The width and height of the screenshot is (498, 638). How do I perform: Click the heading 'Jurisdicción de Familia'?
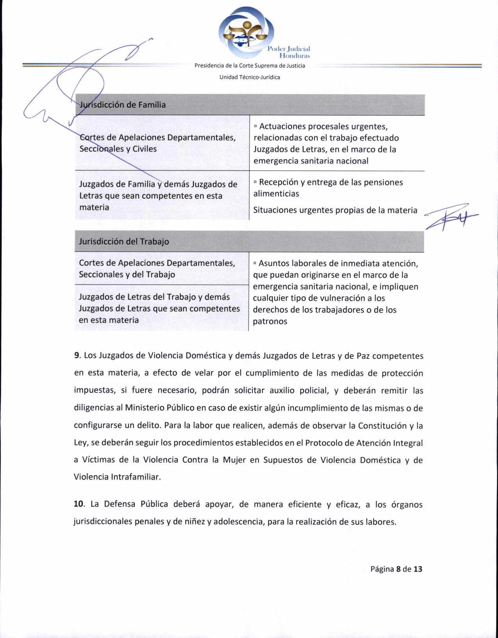click(123, 105)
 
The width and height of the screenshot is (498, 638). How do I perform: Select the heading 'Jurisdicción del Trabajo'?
click(124, 241)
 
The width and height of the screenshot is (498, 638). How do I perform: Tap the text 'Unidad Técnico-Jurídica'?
click(250, 77)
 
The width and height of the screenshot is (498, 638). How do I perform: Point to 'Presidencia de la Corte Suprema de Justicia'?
click(250, 66)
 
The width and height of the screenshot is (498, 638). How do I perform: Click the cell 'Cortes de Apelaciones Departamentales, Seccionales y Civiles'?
click(157, 143)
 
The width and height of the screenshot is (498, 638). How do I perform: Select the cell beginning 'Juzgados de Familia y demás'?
click(158, 195)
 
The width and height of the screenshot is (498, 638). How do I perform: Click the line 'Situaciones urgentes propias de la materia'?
click(335, 210)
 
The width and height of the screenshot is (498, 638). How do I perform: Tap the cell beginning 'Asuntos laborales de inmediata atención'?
click(335, 292)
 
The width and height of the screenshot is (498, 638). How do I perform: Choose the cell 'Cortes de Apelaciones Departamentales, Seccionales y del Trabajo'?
click(157, 269)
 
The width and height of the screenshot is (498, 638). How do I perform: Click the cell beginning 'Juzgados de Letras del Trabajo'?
click(159, 308)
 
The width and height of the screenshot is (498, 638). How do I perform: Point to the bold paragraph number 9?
click(77, 355)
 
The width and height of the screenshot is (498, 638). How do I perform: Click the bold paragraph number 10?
click(79, 504)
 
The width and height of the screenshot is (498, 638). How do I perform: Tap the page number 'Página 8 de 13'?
click(396, 569)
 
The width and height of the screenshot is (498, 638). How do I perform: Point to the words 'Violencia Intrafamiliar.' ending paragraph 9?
click(117, 477)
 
